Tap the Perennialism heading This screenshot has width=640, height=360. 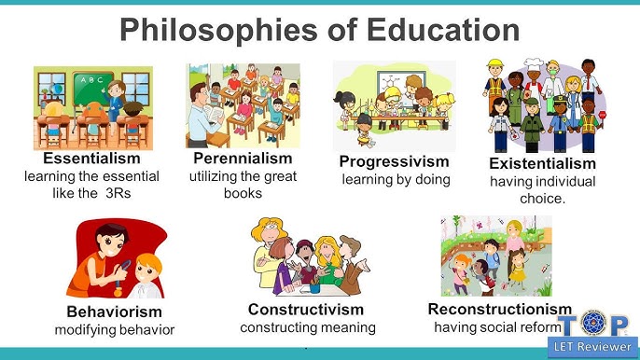pyautogui.click(x=243, y=159)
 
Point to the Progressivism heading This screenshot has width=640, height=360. pyautogui.click(x=395, y=162)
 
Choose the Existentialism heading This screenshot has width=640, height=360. pyautogui.click(x=542, y=164)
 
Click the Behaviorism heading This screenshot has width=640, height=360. pyautogui.click(x=114, y=312)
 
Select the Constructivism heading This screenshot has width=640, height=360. pyautogui.click(x=306, y=310)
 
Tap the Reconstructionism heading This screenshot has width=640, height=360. pyautogui.click(x=499, y=309)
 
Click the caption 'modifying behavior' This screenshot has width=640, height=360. pyautogui.click(x=114, y=329)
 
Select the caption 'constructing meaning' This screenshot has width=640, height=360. pyautogui.click(x=308, y=327)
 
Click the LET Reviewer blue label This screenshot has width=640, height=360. pyautogui.click(x=592, y=348)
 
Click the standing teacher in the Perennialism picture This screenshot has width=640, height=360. pyautogui.click(x=207, y=108)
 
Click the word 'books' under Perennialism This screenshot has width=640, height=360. pyautogui.click(x=243, y=193)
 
